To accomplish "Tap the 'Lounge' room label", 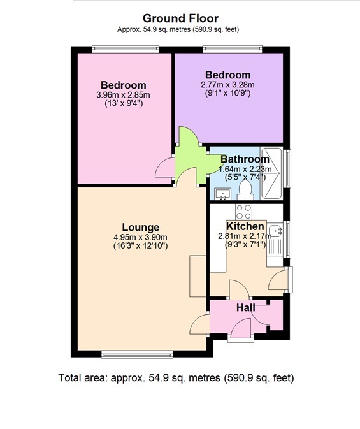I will click(x=140, y=228).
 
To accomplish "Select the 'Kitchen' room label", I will click(x=245, y=226).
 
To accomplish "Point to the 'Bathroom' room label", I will click(x=245, y=159).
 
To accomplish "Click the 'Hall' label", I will click(x=246, y=308).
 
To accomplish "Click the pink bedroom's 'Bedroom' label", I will click(x=123, y=85).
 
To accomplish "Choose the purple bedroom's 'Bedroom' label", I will click(x=227, y=75).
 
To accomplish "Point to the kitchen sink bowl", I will click(x=275, y=231).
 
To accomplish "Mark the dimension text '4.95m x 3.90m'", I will click(x=140, y=237).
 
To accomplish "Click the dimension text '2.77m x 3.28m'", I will click(x=227, y=84).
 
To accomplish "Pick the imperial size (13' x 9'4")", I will click(x=123, y=103).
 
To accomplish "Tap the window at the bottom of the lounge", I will click(x=127, y=354).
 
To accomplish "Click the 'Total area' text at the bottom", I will click(x=176, y=377).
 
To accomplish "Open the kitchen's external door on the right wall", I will click(x=280, y=279).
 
